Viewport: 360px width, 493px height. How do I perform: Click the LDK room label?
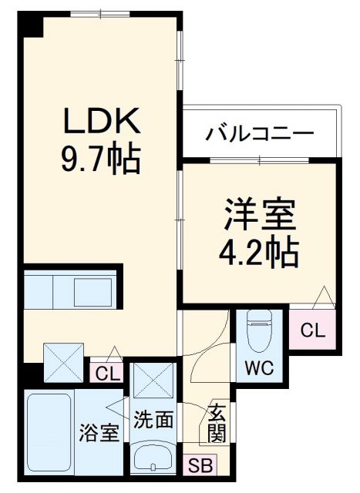(x=101, y=122)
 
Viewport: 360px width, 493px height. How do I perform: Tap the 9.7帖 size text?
(x=101, y=159)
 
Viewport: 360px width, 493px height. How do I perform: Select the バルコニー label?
(x=260, y=134)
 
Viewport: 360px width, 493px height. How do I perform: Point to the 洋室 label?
(x=261, y=214)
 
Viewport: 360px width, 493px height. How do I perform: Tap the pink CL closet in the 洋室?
(x=312, y=331)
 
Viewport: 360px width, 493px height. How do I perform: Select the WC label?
(x=259, y=367)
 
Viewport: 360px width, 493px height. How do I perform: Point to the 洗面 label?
(x=153, y=421)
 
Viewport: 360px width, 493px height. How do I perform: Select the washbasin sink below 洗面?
(x=154, y=459)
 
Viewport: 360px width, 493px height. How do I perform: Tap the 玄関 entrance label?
(x=217, y=424)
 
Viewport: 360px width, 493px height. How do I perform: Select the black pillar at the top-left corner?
(x=32, y=25)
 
